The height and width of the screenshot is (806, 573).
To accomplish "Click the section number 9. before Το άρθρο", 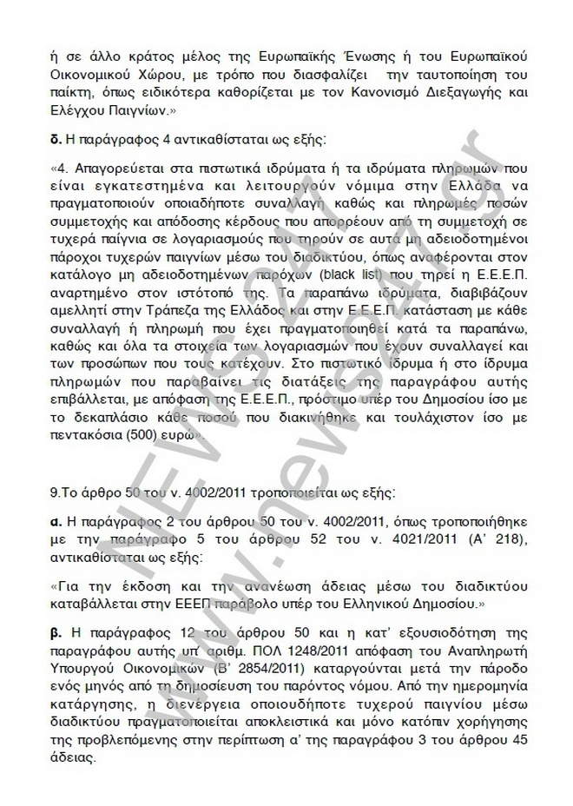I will [x=56, y=492].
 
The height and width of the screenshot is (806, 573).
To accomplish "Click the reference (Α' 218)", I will [x=496, y=540].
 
